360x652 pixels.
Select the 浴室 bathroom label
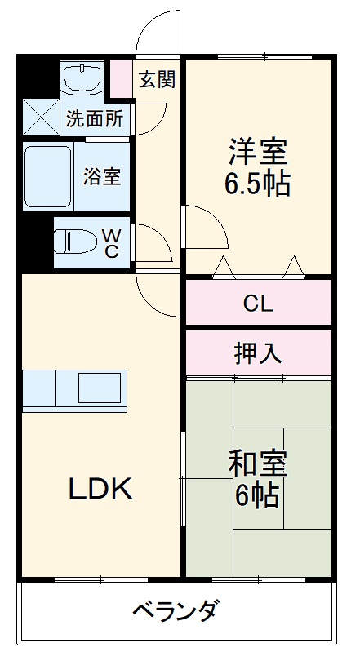click(102, 177)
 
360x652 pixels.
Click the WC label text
click(110, 242)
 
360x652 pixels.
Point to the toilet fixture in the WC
click(74, 242)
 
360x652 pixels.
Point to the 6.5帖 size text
click(256, 184)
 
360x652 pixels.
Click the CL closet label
click(258, 304)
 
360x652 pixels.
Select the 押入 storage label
click(258, 353)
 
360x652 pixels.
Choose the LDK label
click(100, 489)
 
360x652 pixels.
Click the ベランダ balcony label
click(175, 610)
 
